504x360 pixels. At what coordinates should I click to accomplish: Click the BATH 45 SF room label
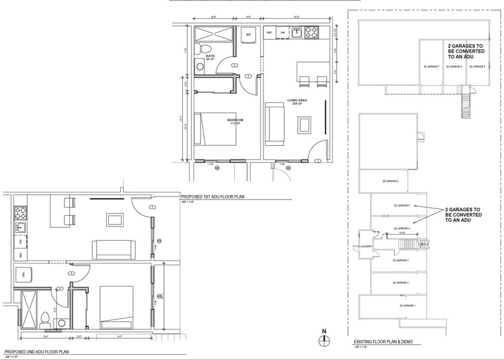(210, 58)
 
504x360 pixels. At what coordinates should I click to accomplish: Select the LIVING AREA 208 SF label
(297, 102)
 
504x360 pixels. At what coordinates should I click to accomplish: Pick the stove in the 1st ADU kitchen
(312, 32)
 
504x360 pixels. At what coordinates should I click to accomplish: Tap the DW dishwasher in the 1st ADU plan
(283, 32)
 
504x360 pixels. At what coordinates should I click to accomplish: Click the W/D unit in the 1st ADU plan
(249, 35)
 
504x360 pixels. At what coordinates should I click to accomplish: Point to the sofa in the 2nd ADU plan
(114, 250)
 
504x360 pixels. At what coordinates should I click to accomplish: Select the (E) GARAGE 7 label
(431, 66)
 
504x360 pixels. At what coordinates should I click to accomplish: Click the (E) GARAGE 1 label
(408, 306)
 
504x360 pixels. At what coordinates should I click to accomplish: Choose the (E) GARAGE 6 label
(390, 181)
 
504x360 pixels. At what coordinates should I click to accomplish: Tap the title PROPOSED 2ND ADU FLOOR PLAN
(36, 352)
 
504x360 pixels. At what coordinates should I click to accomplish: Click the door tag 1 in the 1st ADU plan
(317, 161)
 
